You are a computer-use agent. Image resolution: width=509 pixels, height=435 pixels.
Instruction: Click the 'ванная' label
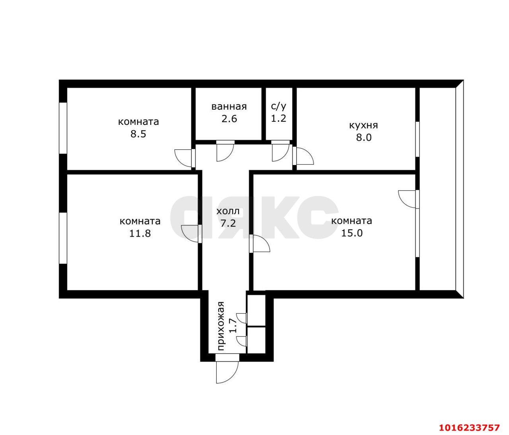tap(229, 107)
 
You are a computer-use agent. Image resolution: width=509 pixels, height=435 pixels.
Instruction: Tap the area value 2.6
tap(229, 119)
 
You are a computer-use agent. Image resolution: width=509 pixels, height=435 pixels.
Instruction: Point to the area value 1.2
tap(278, 118)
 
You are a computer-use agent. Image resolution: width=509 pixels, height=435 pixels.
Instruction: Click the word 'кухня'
tap(363, 126)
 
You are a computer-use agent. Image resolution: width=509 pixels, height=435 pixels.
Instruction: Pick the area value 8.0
tap(364, 137)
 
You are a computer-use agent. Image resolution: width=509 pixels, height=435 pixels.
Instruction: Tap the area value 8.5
tap(138, 134)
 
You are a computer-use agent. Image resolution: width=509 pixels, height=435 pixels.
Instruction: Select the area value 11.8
tap(140, 233)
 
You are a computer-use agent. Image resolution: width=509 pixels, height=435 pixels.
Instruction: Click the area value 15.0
tap(352, 233)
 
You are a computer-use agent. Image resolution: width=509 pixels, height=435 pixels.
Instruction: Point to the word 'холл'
tap(228, 211)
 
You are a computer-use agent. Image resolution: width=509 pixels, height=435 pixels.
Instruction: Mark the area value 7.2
tap(228, 223)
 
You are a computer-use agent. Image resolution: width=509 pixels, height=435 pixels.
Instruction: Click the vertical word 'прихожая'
tap(221, 326)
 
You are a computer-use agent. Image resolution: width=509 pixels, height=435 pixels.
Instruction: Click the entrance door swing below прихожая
tap(227, 372)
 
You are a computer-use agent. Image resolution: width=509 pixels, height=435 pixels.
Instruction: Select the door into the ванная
tap(225, 151)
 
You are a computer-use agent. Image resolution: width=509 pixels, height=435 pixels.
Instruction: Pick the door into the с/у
tap(280, 151)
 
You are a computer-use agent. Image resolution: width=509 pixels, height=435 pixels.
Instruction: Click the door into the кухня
tap(303, 155)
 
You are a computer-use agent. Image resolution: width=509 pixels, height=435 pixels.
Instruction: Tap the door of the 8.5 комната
tap(185, 158)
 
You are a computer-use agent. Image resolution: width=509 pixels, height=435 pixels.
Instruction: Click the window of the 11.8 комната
tap(63, 238)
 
